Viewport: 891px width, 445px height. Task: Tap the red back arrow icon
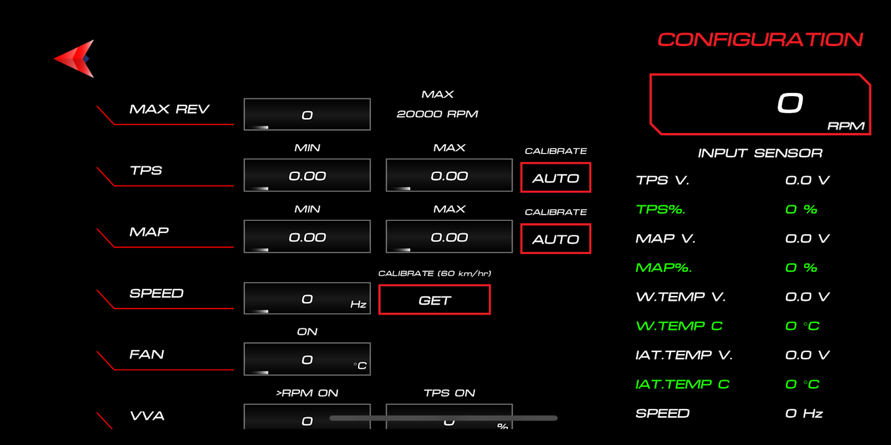(x=75, y=58)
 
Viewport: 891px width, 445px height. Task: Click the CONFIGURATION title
(x=760, y=39)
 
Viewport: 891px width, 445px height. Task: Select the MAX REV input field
(x=307, y=115)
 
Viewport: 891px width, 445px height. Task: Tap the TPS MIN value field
(x=307, y=175)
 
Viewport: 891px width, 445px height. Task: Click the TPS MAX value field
(x=449, y=175)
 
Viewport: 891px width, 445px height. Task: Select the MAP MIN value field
(x=307, y=236)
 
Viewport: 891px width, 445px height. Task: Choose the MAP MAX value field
(x=449, y=236)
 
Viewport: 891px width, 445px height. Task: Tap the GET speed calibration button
(x=434, y=300)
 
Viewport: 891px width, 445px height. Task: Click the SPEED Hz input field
(x=307, y=298)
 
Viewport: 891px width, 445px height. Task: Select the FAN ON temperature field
(x=307, y=359)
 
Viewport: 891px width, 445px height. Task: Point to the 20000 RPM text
(x=437, y=114)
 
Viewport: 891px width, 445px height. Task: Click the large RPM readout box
(x=760, y=104)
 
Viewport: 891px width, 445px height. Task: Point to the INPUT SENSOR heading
(x=760, y=153)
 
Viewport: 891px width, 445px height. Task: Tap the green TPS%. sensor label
(x=660, y=210)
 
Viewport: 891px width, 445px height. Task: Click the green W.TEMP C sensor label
(x=679, y=326)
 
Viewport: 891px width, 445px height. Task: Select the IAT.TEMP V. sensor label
(x=684, y=355)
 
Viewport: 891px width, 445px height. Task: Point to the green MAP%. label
(x=663, y=268)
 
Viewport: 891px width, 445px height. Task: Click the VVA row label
(x=147, y=416)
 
